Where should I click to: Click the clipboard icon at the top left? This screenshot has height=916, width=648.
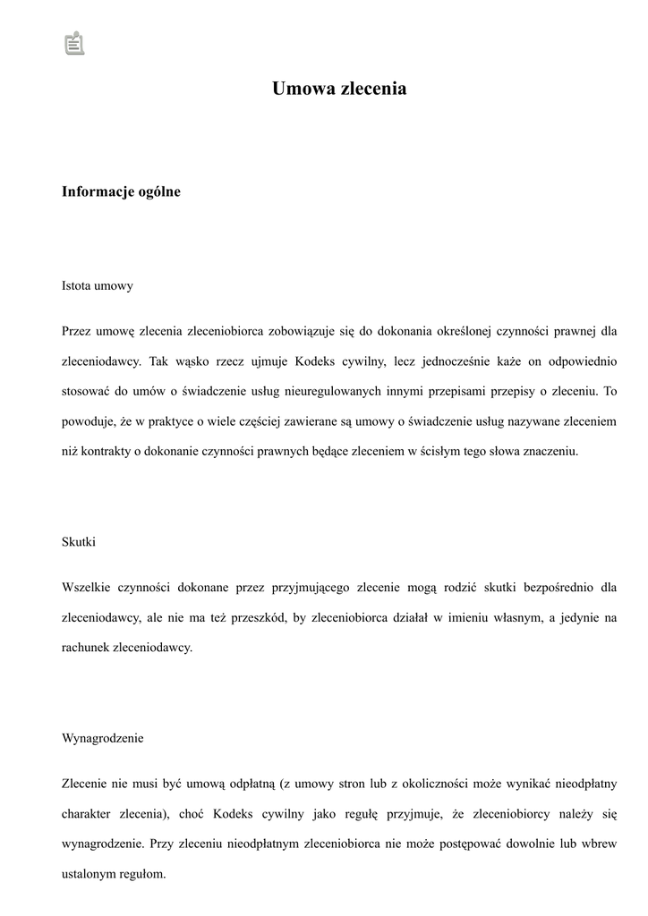point(74,43)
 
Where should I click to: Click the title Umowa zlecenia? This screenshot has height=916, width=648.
point(339,89)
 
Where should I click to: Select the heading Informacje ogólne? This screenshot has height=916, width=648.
point(121,191)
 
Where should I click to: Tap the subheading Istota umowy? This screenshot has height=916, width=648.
point(98,286)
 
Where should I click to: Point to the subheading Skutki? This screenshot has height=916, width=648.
point(79,542)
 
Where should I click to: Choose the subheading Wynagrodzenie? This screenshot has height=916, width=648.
point(103,739)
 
